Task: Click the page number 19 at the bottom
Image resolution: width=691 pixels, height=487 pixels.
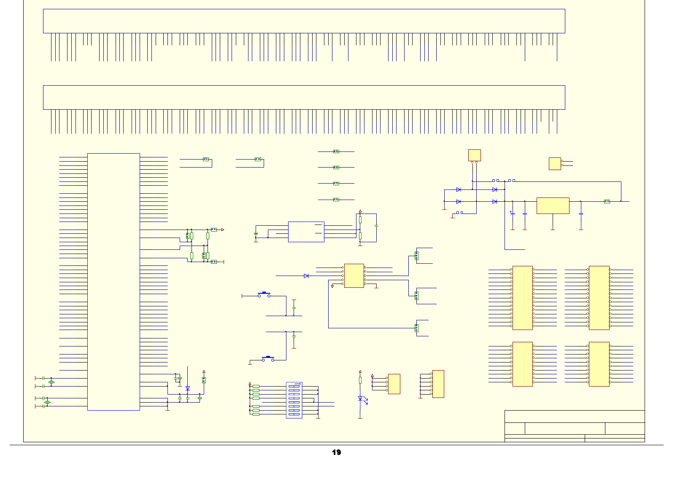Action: pyautogui.click(x=336, y=452)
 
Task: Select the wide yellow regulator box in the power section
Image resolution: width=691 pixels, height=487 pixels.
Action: pyautogui.click(x=553, y=206)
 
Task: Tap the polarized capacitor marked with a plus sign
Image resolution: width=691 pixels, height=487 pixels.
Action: pyautogui.click(x=513, y=214)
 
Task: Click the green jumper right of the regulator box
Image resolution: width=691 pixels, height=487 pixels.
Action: pyautogui.click(x=607, y=201)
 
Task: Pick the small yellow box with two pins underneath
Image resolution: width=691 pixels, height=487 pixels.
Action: pyautogui.click(x=474, y=155)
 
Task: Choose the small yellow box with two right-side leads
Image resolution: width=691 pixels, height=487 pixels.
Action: pyautogui.click(x=554, y=163)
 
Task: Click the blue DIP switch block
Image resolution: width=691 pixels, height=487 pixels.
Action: pyautogui.click(x=294, y=400)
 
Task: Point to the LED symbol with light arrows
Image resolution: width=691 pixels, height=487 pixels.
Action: pyautogui.click(x=360, y=398)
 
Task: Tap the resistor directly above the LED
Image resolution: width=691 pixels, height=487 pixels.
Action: pyautogui.click(x=360, y=380)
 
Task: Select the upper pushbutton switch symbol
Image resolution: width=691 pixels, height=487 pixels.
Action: pyautogui.click(x=264, y=295)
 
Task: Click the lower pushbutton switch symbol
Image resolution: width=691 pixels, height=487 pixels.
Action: pyautogui.click(x=268, y=359)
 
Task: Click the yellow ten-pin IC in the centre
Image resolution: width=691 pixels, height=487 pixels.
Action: pyautogui.click(x=354, y=276)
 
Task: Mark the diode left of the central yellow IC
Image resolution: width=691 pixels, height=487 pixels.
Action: pyautogui.click(x=306, y=276)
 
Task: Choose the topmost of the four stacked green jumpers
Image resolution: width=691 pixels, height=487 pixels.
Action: pyautogui.click(x=336, y=151)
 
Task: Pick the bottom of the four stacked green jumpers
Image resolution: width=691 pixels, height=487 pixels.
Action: pyautogui.click(x=336, y=199)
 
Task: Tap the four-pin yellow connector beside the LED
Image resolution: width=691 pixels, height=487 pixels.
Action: pyautogui.click(x=394, y=384)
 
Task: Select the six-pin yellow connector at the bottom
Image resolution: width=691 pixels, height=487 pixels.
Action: pyautogui.click(x=438, y=384)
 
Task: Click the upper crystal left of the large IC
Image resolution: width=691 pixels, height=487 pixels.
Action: pyautogui.click(x=51, y=382)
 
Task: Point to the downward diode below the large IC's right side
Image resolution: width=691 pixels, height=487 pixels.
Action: pyautogui.click(x=188, y=388)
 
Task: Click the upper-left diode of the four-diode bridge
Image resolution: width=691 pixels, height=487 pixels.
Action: pyautogui.click(x=459, y=189)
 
